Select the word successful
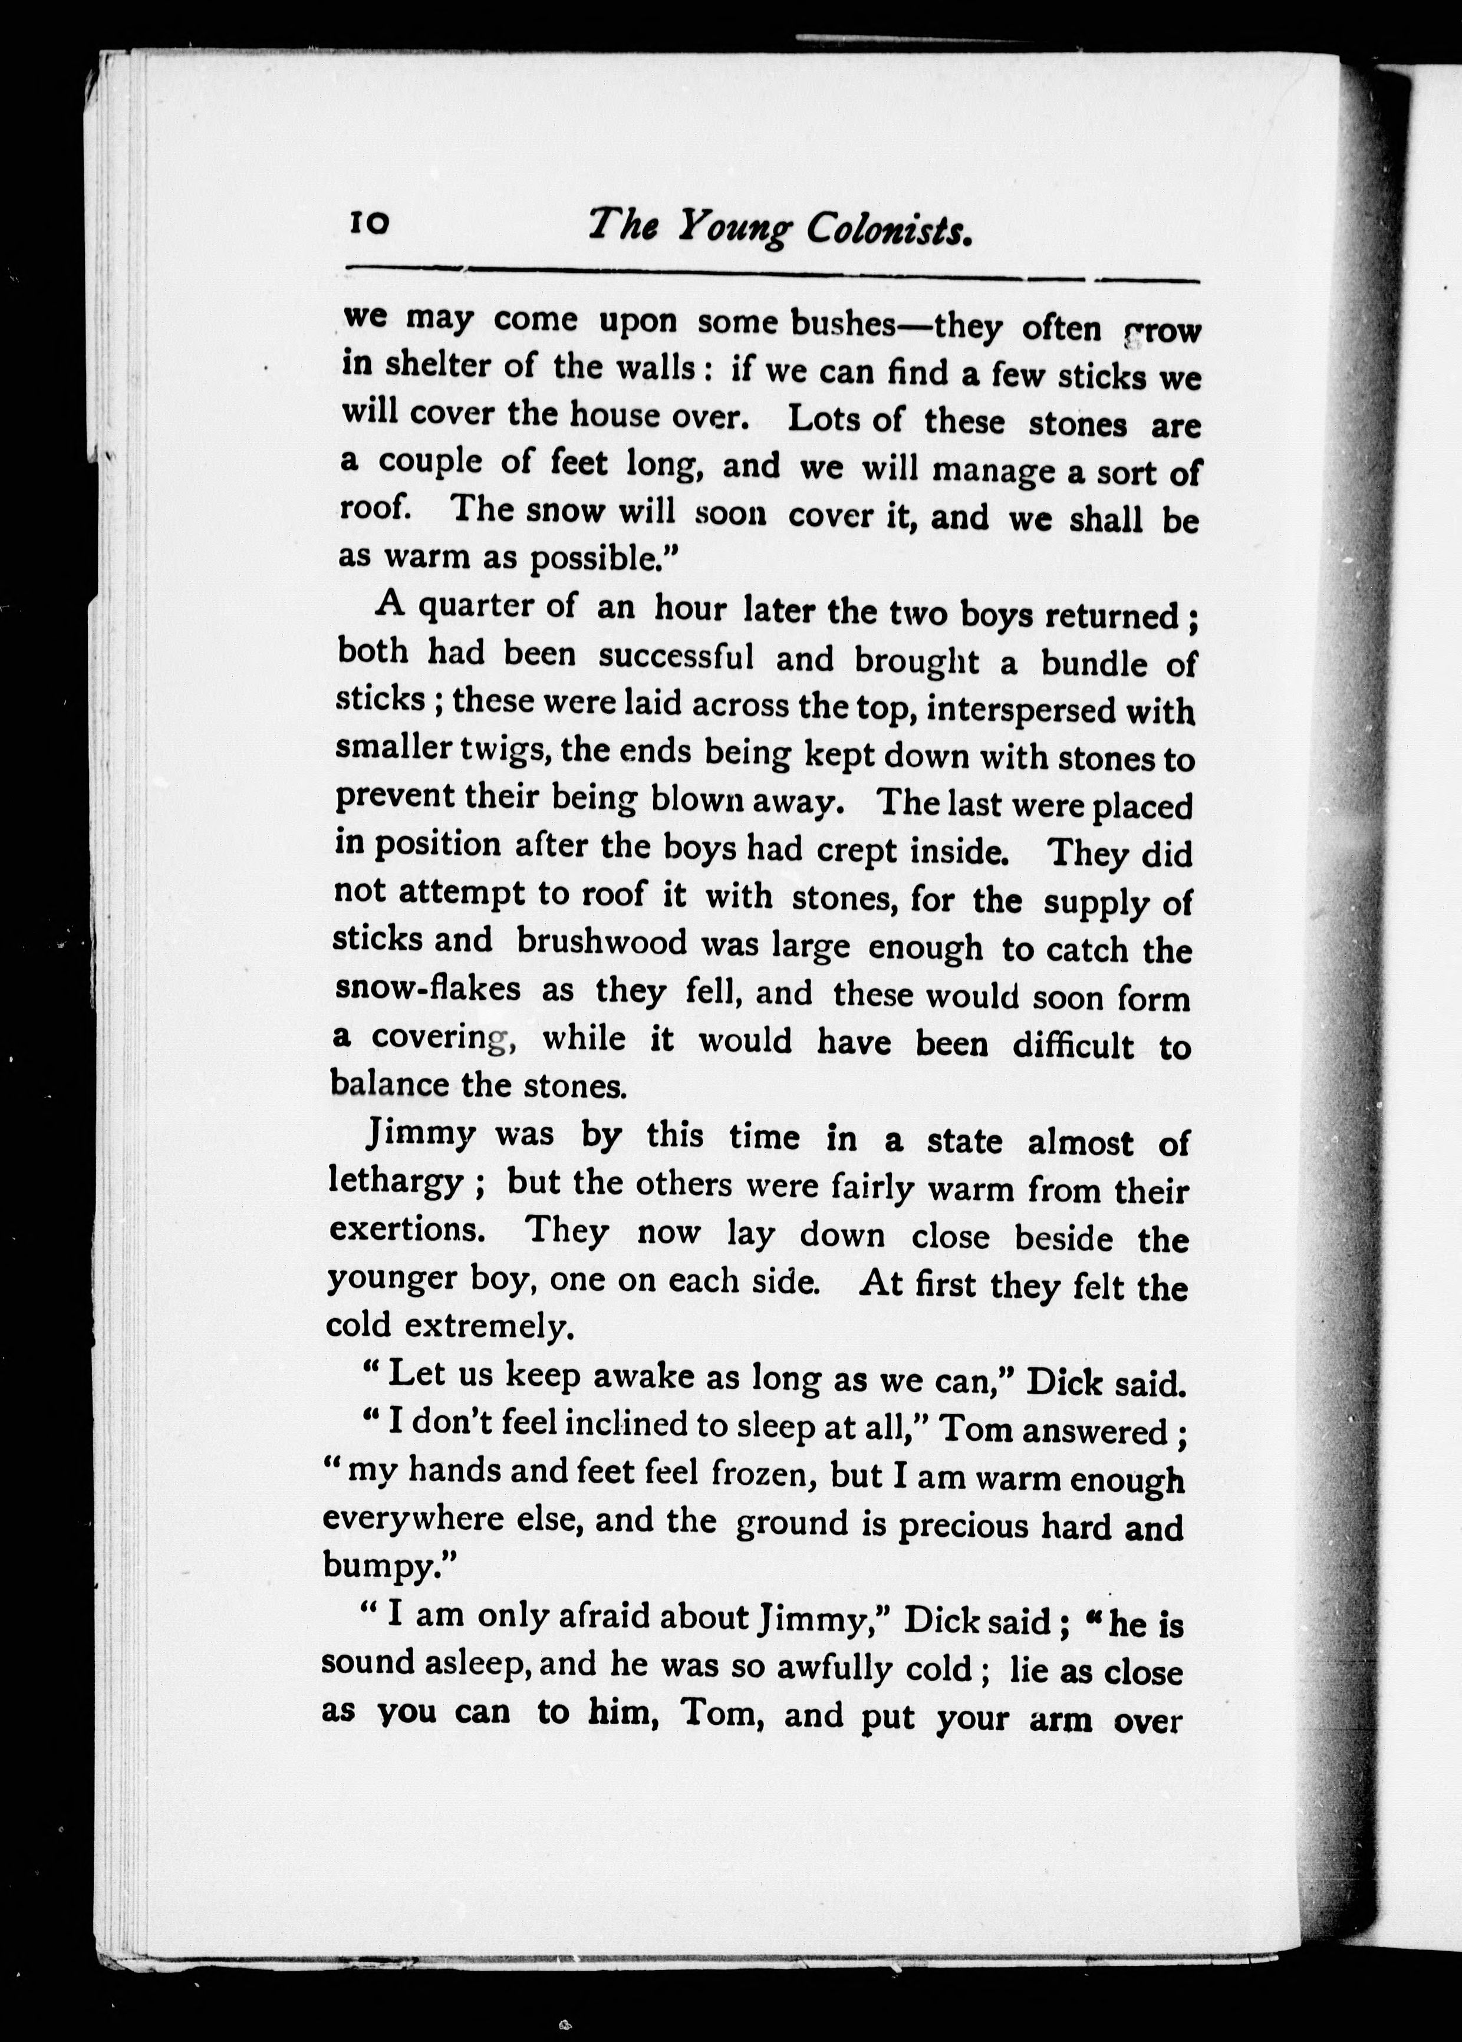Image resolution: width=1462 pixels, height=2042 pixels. coord(676,656)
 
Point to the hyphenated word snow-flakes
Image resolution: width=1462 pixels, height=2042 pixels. coord(427,988)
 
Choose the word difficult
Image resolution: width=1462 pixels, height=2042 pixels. coord(1073,1045)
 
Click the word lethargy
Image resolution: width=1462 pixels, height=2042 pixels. coord(397,1181)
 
